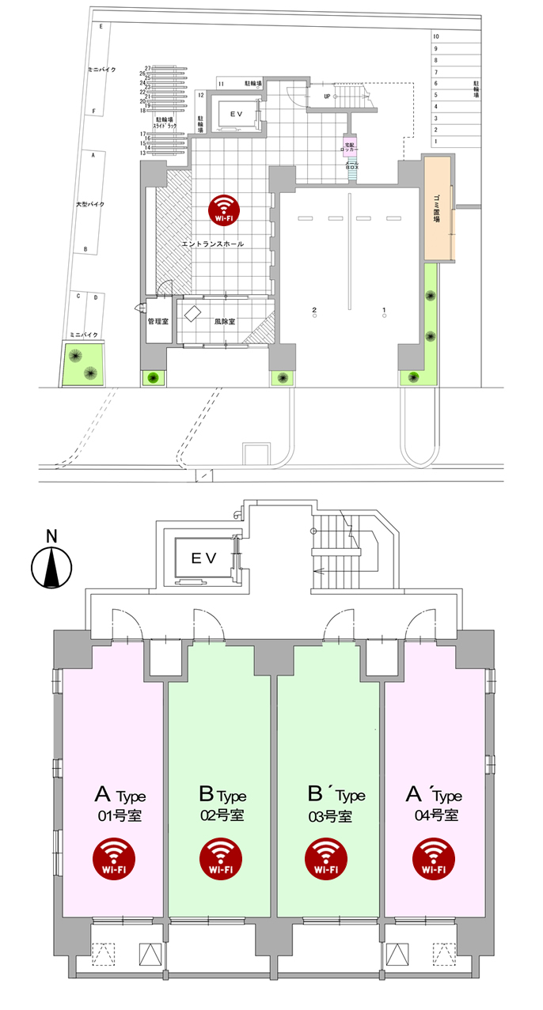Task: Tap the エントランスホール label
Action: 213,244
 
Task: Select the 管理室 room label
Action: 159,322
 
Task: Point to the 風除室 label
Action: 226,322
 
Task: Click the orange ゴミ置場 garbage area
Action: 436,209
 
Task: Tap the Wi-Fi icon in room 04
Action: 434,857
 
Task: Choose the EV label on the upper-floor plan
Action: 204,558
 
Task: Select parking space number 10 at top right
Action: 435,36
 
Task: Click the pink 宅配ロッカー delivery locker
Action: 351,146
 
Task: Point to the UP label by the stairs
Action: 326,96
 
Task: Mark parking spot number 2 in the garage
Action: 314,308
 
